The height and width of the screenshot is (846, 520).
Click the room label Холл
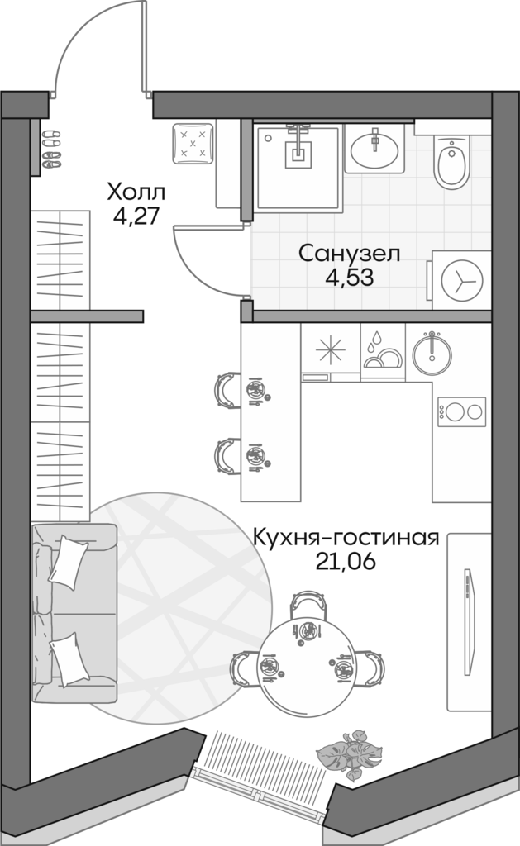(x=136, y=193)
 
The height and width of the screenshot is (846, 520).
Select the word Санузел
(x=349, y=253)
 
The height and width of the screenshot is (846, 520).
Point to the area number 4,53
(x=349, y=277)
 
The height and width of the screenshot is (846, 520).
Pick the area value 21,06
(x=345, y=563)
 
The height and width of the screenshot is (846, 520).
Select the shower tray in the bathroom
(x=298, y=166)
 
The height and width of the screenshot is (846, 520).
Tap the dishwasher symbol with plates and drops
(x=383, y=351)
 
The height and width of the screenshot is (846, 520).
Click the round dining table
(x=308, y=653)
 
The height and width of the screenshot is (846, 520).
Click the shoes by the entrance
(x=50, y=148)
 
